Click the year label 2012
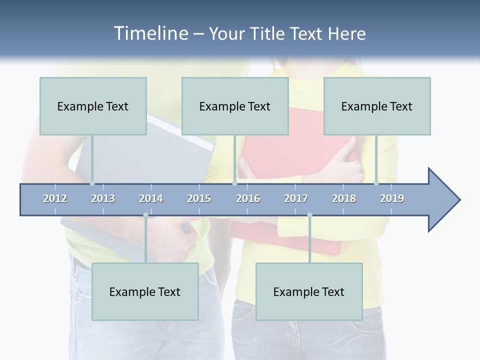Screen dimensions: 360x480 point(55,198)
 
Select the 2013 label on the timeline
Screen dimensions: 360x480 point(103,198)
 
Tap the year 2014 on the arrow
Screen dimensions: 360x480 point(151,198)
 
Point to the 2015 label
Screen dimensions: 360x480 point(199,198)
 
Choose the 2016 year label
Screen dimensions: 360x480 point(248,198)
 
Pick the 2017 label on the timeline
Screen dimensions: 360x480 point(296,198)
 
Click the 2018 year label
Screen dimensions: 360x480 point(344,198)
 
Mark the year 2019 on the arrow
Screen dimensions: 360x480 point(392,198)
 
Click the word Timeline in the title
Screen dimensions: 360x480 point(149,33)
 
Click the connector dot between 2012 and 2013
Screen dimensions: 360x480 point(92,183)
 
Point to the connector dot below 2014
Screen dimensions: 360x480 point(145,215)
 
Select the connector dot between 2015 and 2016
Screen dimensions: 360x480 point(234,183)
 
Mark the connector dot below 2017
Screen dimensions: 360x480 point(309,215)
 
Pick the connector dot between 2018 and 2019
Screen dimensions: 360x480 point(376,183)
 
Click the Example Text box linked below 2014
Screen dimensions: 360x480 point(145,291)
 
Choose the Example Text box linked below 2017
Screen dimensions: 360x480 point(309,291)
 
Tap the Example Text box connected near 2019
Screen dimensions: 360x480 point(377,106)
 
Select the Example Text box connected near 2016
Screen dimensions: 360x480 point(235,106)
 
